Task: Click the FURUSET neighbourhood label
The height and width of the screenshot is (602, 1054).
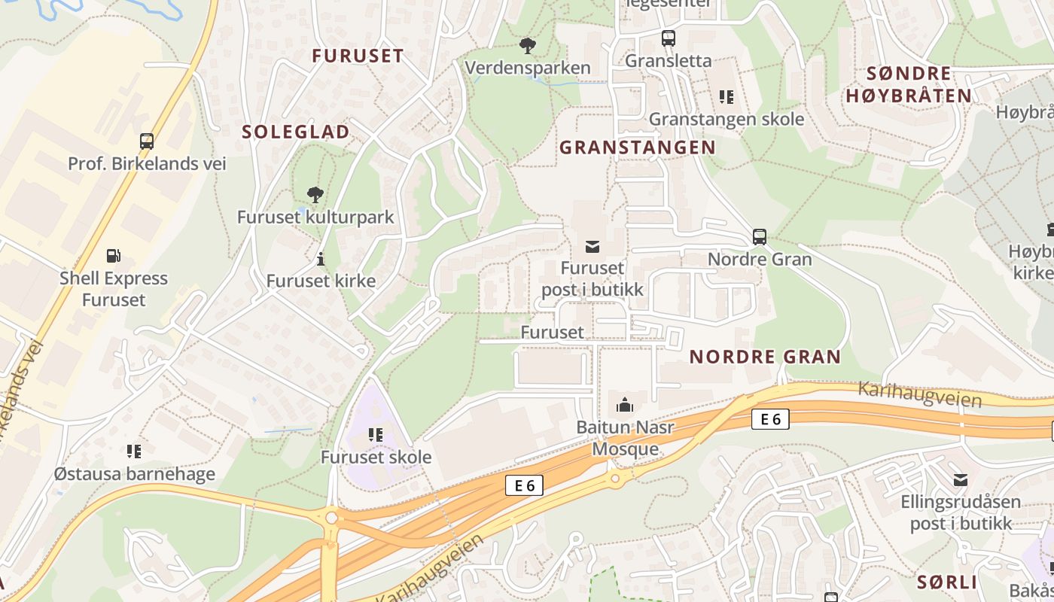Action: pyautogui.click(x=358, y=56)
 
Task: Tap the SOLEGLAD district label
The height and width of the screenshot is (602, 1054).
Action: pyautogui.click(x=296, y=132)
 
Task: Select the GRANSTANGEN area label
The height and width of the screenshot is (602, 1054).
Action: pyautogui.click(x=637, y=147)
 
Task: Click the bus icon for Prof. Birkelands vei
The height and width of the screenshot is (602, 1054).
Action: pyautogui.click(x=147, y=141)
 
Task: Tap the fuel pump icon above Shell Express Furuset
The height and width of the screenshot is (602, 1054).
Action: pyautogui.click(x=114, y=256)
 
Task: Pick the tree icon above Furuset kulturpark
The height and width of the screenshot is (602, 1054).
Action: pyautogui.click(x=315, y=195)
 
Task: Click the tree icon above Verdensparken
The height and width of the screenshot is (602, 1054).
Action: pyautogui.click(x=528, y=46)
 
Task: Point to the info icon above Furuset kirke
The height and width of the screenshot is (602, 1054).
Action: pyautogui.click(x=321, y=260)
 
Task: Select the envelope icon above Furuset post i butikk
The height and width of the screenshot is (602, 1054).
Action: pyautogui.click(x=592, y=246)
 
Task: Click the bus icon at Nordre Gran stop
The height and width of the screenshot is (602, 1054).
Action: pyautogui.click(x=760, y=237)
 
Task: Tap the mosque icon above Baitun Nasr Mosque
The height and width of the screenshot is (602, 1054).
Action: pyautogui.click(x=625, y=406)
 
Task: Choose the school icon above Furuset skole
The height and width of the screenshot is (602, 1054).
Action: pyautogui.click(x=376, y=434)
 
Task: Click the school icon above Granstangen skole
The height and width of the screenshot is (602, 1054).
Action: pyautogui.click(x=727, y=96)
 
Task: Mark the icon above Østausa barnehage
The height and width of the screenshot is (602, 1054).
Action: pyautogui.click(x=134, y=451)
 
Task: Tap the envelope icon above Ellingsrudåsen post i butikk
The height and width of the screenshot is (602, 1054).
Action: pyautogui.click(x=961, y=479)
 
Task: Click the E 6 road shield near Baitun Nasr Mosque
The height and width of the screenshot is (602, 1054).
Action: pyautogui.click(x=524, y=486)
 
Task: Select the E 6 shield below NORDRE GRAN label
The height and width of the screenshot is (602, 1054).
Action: pyautogui.click(x=770, y=419)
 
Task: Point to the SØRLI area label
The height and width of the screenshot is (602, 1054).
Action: pyautogui.click(x=946, y=582)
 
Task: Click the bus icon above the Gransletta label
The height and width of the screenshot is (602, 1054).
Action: pyautogui.click(x=668, y=38)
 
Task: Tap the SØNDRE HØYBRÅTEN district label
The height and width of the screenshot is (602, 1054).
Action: pyautogui.click(x=909, y=84)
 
